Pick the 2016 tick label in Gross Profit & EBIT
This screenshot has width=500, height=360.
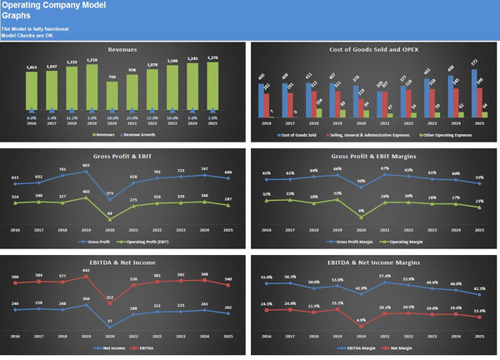coord(14,228)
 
